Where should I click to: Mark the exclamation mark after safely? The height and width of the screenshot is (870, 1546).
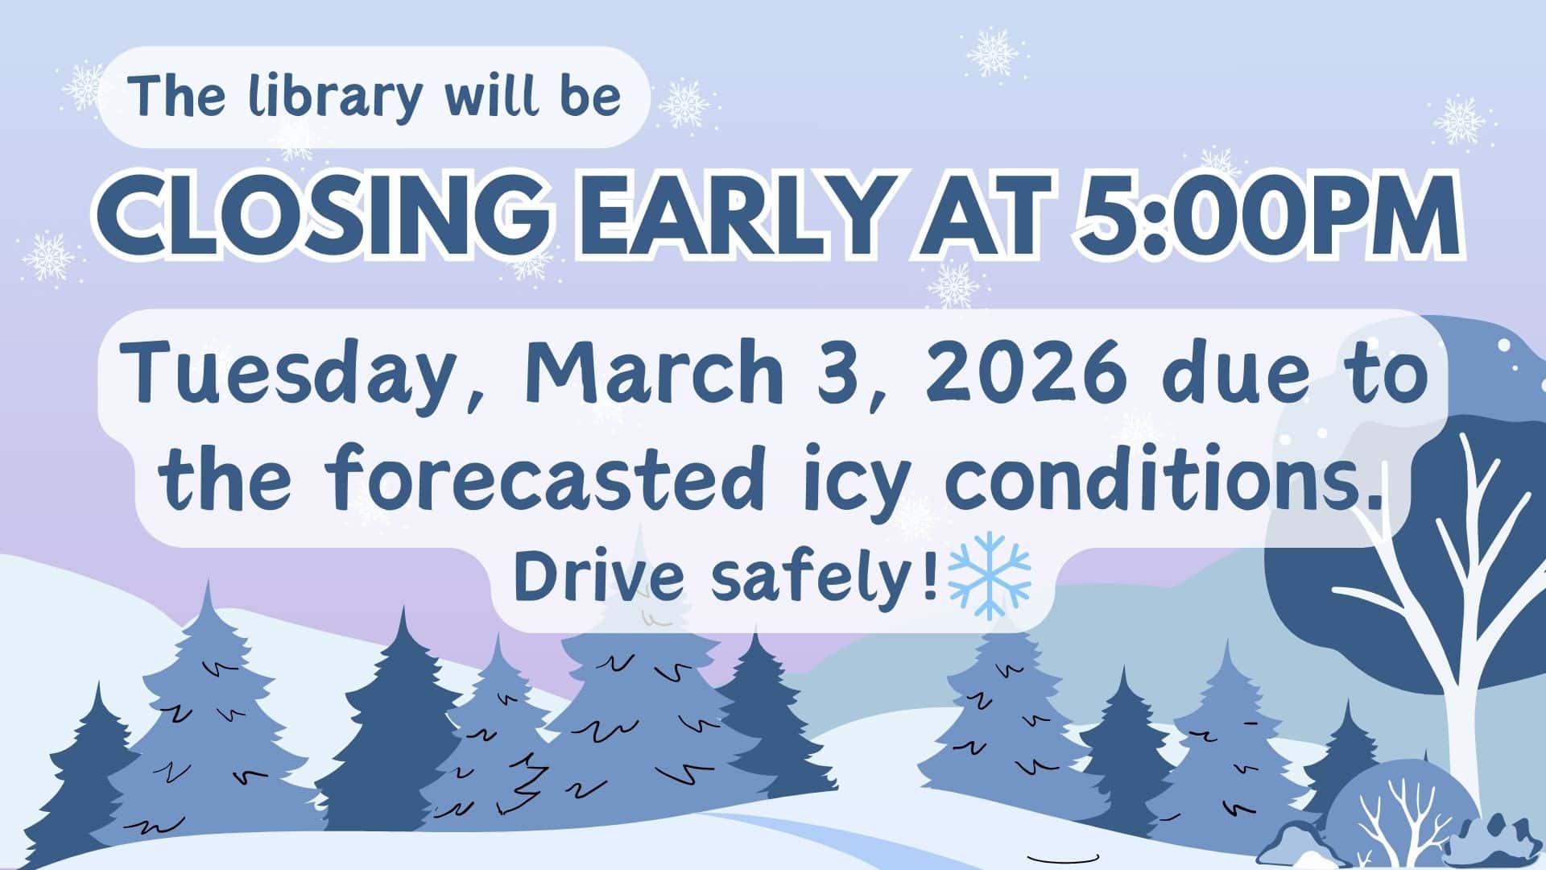point(932,577)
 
